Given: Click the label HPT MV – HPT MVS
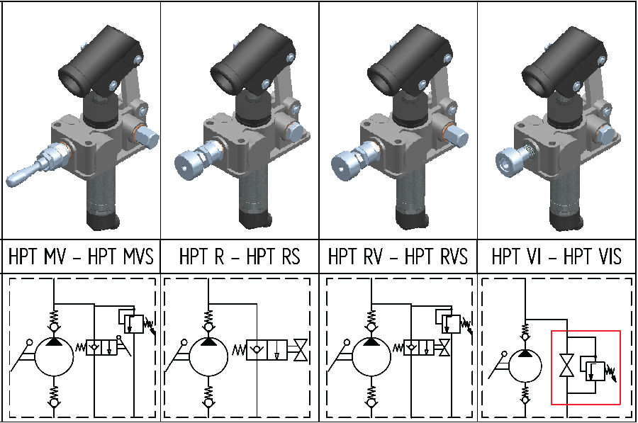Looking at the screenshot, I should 80,256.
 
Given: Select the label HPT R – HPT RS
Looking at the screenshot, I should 240,256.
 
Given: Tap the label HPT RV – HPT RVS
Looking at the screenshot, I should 398,256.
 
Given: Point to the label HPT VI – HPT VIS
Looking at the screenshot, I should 557,256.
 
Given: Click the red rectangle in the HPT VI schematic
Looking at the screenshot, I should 586,367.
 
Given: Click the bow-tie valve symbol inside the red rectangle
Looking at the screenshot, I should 566,366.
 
